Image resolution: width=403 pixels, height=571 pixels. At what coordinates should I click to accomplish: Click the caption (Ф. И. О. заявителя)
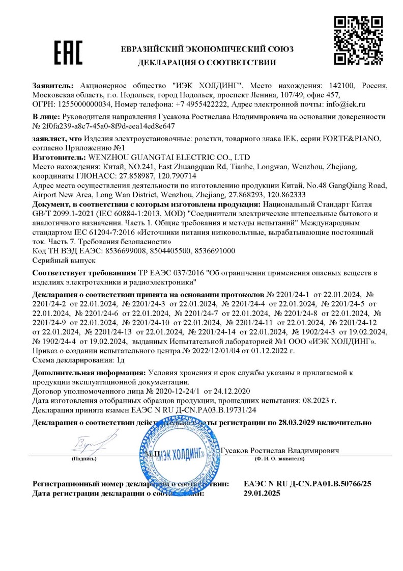279,459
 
